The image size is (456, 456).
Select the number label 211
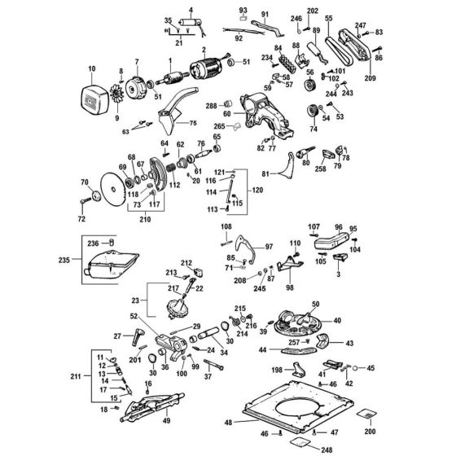77,377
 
